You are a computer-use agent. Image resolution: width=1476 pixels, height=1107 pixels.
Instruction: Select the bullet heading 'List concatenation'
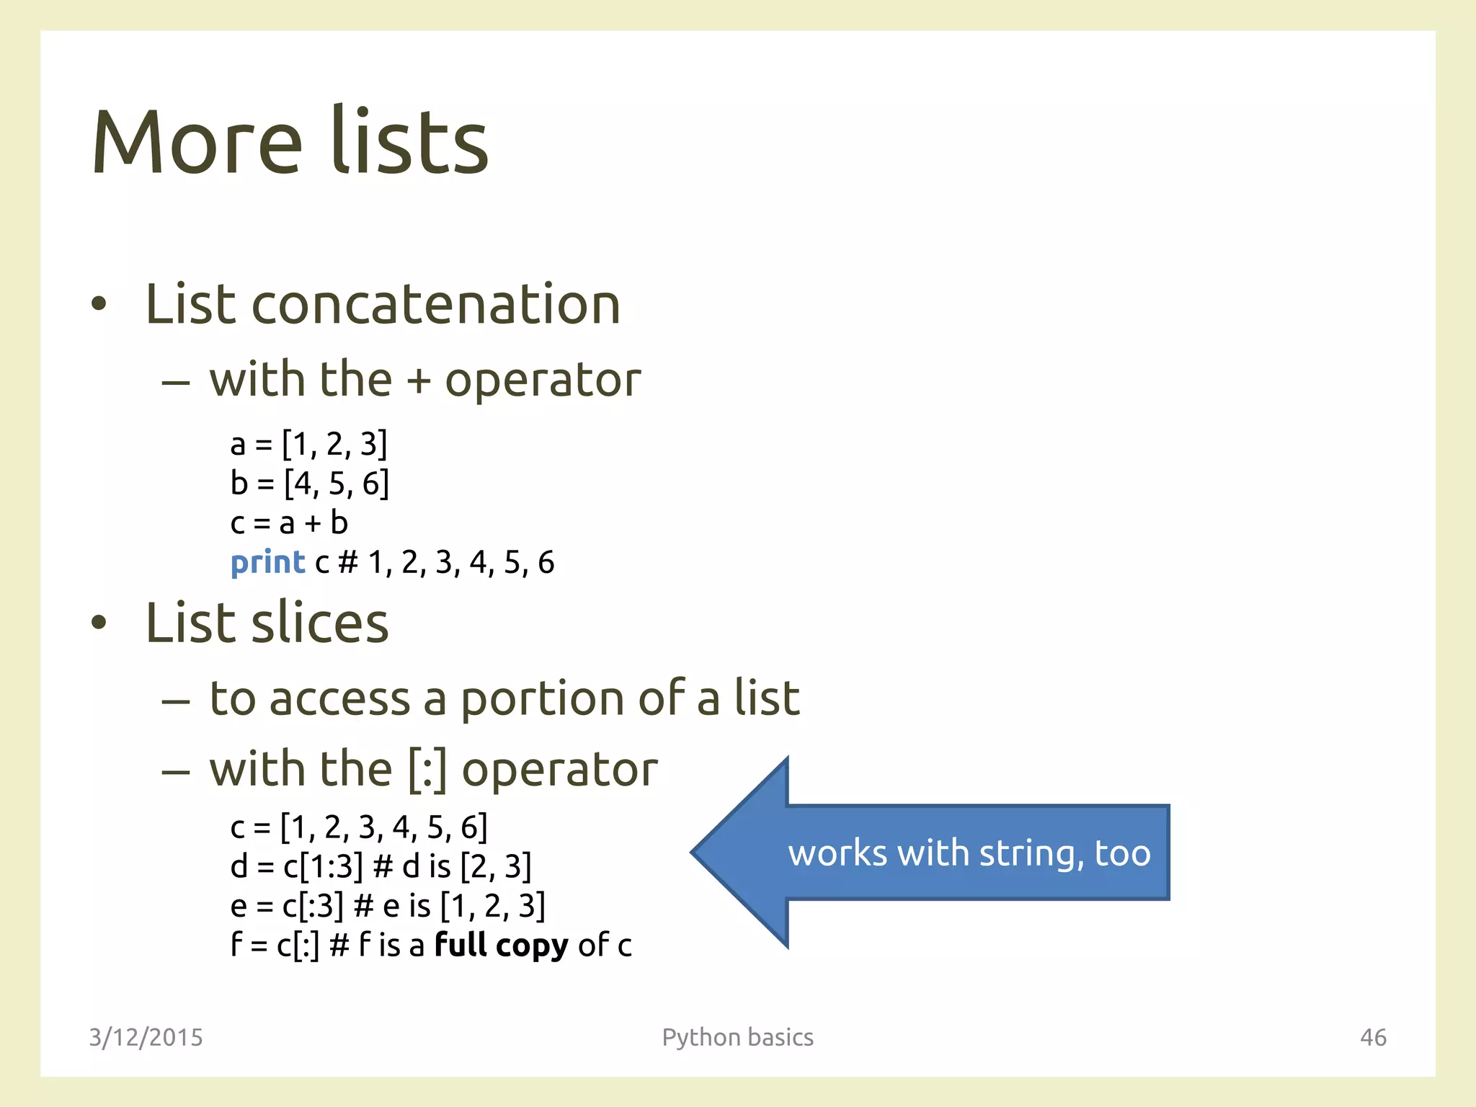(x=383, y=304)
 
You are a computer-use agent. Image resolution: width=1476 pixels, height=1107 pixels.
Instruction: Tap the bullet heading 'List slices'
(x=267, y=623)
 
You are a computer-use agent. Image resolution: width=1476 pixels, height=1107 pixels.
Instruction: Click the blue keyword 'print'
(x=267, y=563)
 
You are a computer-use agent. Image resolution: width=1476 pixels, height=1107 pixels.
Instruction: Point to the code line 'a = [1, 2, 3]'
(x=308, y=444)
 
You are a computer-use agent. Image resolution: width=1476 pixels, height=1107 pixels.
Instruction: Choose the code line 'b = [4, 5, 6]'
(x=309, y=484)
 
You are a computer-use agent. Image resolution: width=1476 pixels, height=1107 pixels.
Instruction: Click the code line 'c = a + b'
(x=289, y=523)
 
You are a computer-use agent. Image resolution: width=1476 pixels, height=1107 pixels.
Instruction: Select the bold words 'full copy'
(x=502, y=945)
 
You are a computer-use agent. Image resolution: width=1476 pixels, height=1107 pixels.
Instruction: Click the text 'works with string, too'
(x=969, y=853)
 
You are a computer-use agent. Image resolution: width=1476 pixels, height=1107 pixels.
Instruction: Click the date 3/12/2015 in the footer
(x=146, y=1037)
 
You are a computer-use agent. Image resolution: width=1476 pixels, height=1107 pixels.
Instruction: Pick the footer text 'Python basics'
(x=737, y=1037)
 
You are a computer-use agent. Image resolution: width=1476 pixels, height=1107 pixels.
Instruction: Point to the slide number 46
(x=1373, y=1037)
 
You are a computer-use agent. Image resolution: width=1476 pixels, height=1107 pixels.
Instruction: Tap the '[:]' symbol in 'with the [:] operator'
(x=427, y=770)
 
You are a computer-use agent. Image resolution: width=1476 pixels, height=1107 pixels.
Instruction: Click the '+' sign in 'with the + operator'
(x=419, y=381)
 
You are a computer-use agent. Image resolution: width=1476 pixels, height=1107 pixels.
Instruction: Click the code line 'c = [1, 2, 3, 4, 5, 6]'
(x=359, y=827)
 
